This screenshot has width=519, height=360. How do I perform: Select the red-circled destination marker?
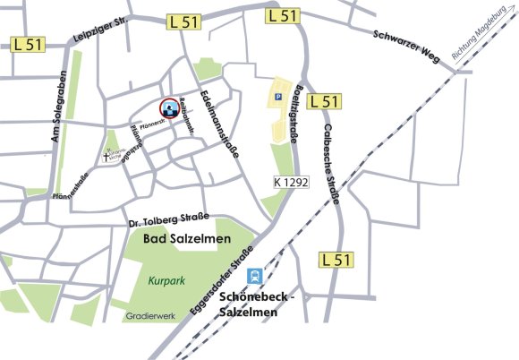[168, 108]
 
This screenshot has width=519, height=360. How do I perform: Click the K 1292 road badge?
[291, 183]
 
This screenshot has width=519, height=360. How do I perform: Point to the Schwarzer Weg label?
[408, 39]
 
